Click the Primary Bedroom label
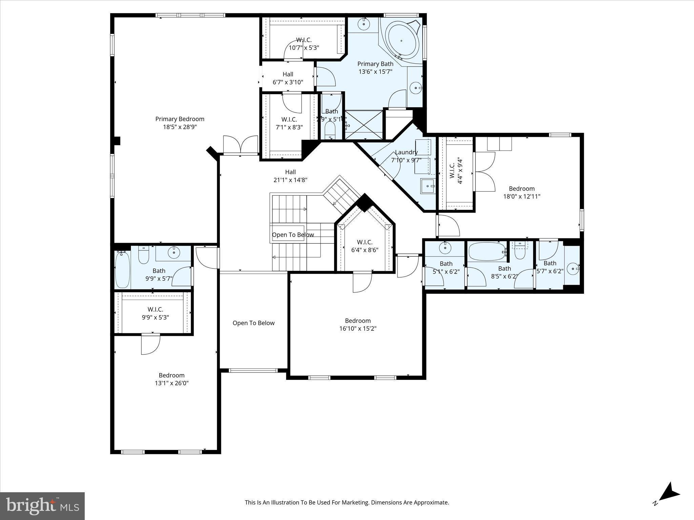(x=180, y=119)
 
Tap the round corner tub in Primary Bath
(x=402, y=41)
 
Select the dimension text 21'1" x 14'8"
(x=290, y=180)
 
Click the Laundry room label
(x=406, y=152)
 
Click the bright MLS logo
(x=42, y=506)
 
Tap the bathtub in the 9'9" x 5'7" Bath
(x=122, y=269)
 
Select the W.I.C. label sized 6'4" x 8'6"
(x=365, y=242)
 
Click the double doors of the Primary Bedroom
(x=241, y=145)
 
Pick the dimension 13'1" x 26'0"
(x=171, y=383)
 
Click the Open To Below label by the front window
(x=253, y=323)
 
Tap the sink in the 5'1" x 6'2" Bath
(x=445, y=248)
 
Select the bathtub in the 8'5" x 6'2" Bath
(x=486, y=252)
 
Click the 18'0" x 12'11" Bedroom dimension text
(x=522, y=196)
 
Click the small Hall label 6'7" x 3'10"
(x=288, y=74)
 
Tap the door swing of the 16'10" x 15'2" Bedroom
(x=362, y=283)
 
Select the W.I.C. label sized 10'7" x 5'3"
(x=304, y=40)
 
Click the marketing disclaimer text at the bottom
(x=347, y=502)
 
